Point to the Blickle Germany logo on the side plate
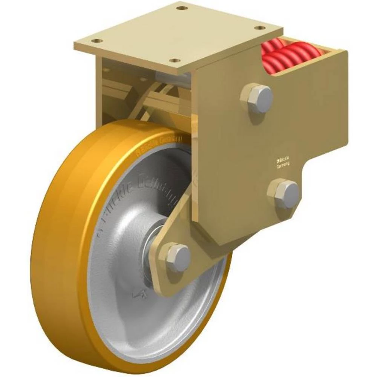[282, 162]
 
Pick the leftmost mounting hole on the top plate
[97, 41]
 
